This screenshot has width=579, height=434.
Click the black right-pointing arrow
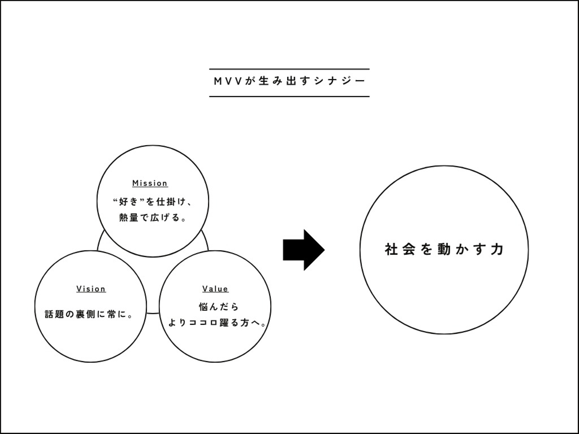pyautogui.click(x=304, y=250)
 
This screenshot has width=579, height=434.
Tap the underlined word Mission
pyautogui.click(x=150, y=183)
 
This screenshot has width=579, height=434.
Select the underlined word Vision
pyautogui.click(x=91, y=289)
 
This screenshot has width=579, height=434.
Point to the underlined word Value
pyautogui.click(x=215, y=289)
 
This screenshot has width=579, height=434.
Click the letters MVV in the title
pyautogui.click(x=228, y=81)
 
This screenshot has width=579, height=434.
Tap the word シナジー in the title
pyautogui.click(x=340, y=81)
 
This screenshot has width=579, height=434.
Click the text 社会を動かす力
pyautogui.click(x=444, y=249)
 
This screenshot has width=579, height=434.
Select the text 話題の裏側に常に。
pyautogui.click(x=89, y=314)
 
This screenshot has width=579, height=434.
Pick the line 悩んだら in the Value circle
pyautogui.click(x=219, y=307)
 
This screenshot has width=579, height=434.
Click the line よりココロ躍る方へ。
pyautogui.click(x=217, y=323)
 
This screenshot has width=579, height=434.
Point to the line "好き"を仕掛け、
pyautogui.click(x=152, y=202)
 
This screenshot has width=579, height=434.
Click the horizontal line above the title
pyautogui.click(x=289, y=69)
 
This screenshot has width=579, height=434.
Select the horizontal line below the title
pyautogui.click(x=289, y=96)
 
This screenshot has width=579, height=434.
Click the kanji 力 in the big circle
pyautogui.click(x=497, y=249)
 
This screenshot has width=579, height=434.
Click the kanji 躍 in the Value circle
pyautogui.click(x=224, y=323)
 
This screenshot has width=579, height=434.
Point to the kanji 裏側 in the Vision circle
pyautogui.click(x=86, y=314)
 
